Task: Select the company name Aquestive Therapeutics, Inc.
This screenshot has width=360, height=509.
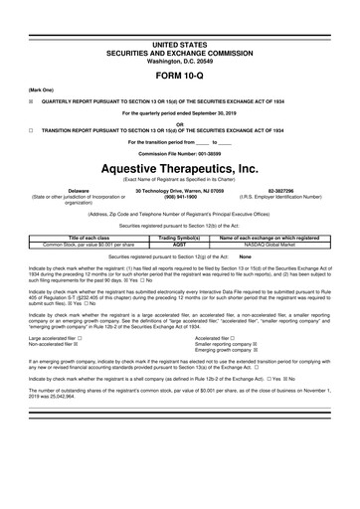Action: (180, 171)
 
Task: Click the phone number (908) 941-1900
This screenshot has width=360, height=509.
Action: (180, 195)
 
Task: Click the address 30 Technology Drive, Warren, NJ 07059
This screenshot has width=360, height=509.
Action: (180, 189)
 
